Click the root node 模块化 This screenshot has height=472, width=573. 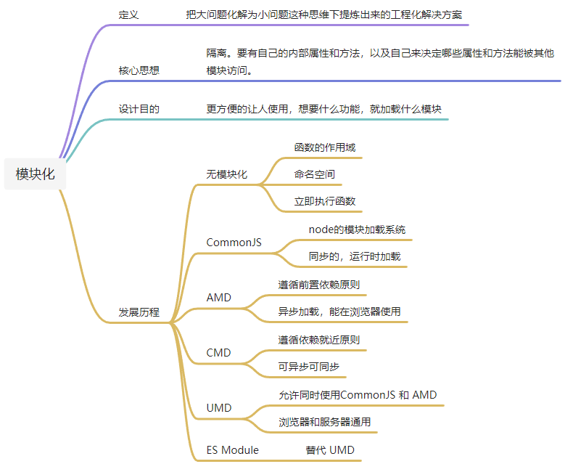coord(36,174)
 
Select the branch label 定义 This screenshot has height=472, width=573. coord(128,15)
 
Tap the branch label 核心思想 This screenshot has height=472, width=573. coord(139,70)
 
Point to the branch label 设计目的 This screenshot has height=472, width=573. coord(139,109)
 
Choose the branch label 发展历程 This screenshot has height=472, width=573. coord(139,313)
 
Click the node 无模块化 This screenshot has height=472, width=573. coord(226,174)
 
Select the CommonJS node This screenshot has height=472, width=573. coord(234,243)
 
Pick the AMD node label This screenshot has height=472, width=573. coord(218,298)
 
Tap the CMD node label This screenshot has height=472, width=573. coord(218,353)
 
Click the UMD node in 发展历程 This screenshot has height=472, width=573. coord(218,408)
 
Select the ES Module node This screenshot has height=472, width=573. coord(232,450)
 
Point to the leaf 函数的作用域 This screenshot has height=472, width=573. coord(324,147)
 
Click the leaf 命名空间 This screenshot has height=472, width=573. coord(314,174)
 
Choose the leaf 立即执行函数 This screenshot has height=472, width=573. coord(324,201)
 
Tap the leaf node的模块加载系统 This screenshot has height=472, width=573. coord(357,229)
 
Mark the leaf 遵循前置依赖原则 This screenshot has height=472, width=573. coord(319,285)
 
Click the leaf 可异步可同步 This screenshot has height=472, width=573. coord(309,367)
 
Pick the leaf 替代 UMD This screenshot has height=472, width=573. coord(330,450)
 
